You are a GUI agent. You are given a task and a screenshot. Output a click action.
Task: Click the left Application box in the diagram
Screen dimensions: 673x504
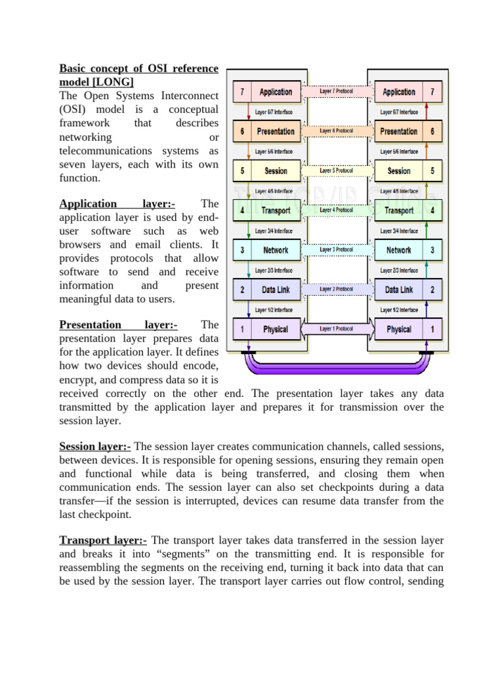(276, 92)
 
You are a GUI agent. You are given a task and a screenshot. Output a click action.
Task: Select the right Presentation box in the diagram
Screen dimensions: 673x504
(399, 131)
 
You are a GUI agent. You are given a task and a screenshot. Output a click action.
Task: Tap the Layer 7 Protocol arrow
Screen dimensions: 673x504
(337, 91)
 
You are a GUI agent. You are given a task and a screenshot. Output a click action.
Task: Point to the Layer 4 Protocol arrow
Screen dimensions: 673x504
(337, 210)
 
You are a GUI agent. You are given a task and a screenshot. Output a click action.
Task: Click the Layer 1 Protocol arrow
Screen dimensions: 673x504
(337, 329)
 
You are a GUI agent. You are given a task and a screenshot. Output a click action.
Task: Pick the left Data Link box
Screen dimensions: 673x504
(276, 289)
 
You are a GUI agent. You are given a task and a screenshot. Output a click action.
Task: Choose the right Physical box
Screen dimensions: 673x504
(399, 329)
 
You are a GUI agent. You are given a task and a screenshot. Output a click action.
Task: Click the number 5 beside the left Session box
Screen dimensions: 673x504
(242, 171)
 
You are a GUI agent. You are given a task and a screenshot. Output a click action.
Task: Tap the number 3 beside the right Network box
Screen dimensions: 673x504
(432, 250)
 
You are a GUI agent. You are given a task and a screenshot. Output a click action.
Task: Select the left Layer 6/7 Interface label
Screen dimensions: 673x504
(274, 112)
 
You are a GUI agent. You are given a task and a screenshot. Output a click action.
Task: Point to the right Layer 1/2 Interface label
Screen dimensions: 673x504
(399, 310)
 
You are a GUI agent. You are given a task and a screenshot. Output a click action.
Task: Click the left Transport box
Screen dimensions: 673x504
(276, 210)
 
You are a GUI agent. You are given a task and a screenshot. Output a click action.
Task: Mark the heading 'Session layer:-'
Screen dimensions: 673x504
(95, 447)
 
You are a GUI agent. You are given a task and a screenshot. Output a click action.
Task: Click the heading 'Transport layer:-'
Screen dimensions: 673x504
(104, 540)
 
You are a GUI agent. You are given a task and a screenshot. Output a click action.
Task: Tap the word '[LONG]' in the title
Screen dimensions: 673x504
(114, 81)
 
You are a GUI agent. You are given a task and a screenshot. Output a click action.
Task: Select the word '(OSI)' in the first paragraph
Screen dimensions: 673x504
(73, 109)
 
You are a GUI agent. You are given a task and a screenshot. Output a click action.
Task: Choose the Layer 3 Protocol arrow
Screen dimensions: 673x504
(337, 250)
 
